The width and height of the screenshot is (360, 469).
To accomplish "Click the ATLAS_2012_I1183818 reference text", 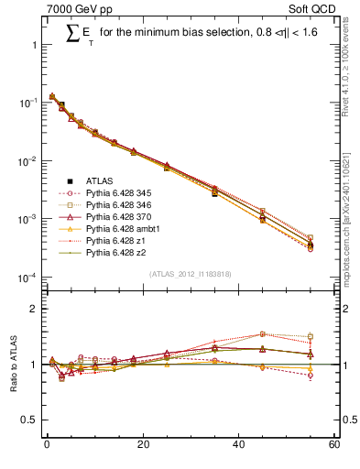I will [190, 274].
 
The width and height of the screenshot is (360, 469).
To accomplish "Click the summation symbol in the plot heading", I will [73, 35].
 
